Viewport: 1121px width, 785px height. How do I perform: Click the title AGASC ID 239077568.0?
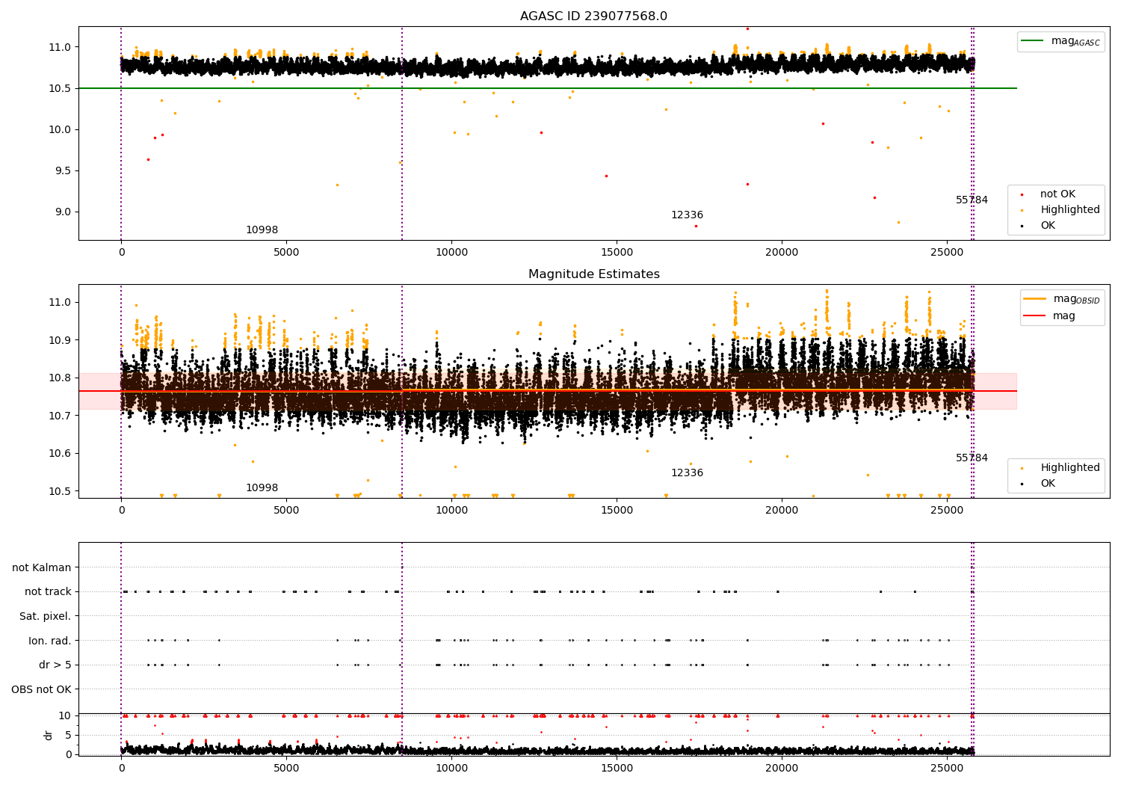(x=593, y=16)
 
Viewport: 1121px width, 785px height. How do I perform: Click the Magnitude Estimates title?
(x=593, y=274)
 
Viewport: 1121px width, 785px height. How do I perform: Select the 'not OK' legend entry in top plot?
(x=1057, y=194)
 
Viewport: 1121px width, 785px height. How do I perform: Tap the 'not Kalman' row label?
(x=42, y=567)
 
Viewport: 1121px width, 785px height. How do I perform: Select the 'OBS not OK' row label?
(x=42, y=689)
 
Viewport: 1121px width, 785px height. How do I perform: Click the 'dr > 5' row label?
(x=55, y=665)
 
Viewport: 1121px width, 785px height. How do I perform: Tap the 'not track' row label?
(x=48, y=591)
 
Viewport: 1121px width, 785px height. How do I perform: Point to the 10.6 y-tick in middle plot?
(x=60, y=453)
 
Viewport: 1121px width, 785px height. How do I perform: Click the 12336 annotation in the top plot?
(x=687, y=215)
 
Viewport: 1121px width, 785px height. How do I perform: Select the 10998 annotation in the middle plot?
(x=262, y=488)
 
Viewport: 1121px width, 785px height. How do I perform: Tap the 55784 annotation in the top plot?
(x=972, y=200)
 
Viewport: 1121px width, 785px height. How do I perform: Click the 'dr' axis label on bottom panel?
(x=49, y=735)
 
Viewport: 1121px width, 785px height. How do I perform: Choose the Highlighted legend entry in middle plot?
(x=1069, y=467)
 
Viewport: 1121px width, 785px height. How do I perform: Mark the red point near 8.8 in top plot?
(x=696, y=226)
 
